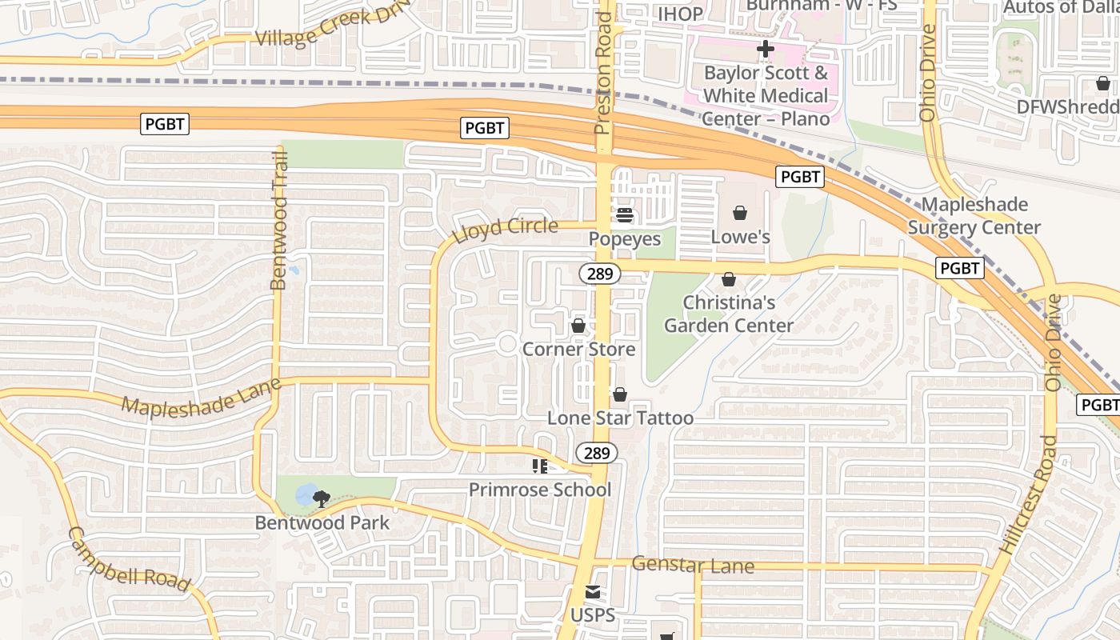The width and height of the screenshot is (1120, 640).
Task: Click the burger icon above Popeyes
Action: [x=624, y=214]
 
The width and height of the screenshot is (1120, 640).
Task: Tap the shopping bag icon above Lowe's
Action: [x=740, y=213]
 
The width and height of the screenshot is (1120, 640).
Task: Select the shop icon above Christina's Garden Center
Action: [x=729, y=279]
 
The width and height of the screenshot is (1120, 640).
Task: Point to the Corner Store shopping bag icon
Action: [x=578, y=326]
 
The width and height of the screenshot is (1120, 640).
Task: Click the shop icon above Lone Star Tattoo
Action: [x=619, y=394]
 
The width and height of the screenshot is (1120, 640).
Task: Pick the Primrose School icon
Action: [x=540, y=466]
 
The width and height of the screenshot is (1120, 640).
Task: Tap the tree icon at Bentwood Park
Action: [x=322, y=499]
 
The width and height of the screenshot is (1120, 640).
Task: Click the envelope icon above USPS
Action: [x=592, y=592]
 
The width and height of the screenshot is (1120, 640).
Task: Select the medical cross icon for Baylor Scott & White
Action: [x=765, y=50]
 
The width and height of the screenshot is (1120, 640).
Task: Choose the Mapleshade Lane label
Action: [x=202, y=395]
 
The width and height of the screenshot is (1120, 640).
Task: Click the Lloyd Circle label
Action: [x=505, y=230]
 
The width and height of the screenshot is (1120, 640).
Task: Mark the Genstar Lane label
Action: [x=693, y=566]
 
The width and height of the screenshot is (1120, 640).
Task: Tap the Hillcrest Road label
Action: [x=1029, y=494]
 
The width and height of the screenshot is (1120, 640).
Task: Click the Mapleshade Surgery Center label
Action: [x=974, y=216]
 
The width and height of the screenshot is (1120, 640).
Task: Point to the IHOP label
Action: [x=680, y=14]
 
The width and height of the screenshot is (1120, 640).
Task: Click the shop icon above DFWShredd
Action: [x=1102, y=83]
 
